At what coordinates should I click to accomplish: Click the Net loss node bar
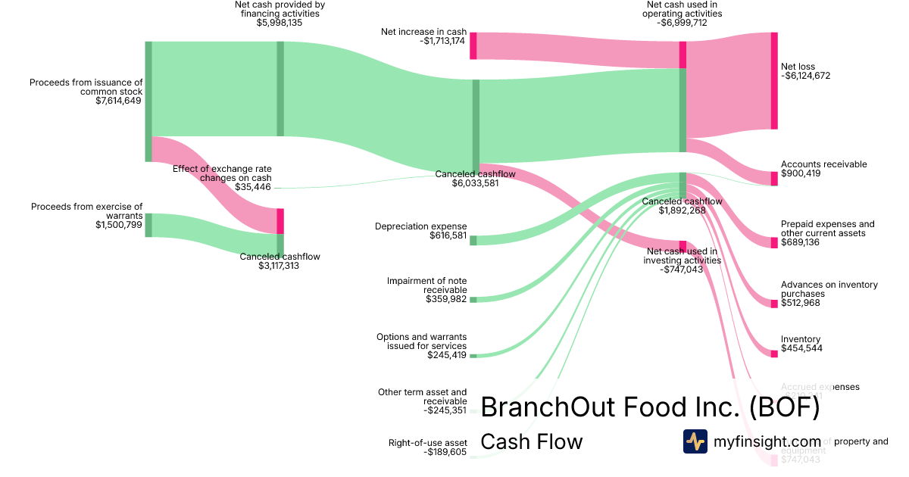(774, 80)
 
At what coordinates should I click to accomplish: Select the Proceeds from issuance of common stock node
(148, 101)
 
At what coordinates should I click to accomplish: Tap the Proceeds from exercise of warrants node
(148, 225)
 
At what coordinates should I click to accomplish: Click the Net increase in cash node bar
(473, 45)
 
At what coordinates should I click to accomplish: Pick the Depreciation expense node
(473, 240)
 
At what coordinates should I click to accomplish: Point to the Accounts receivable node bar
(774, 179)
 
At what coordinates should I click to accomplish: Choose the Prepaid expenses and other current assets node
(774, 242)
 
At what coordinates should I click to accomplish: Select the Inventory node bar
(774, 352)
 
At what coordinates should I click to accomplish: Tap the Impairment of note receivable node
(473, 300)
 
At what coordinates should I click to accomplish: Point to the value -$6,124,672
(806, 76)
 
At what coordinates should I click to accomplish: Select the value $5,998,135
(280, 23)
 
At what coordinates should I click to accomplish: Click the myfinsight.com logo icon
(695, 441)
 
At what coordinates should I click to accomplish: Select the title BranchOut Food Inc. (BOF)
(650, 407)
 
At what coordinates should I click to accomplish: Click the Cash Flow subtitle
(532, 441)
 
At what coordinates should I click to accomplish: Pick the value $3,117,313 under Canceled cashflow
(280, 266)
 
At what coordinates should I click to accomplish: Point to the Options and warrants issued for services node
(473, 355)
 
